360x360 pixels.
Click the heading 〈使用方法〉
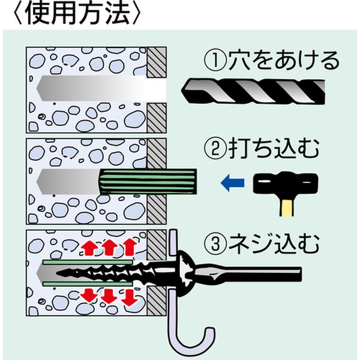point(72,15)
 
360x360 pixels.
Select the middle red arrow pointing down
point(109,296)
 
